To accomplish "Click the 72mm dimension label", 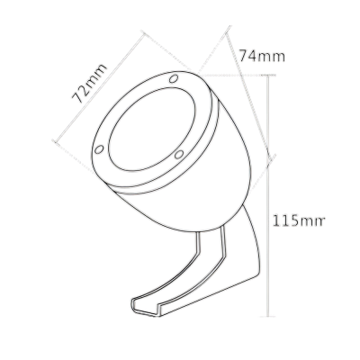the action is [89, 84].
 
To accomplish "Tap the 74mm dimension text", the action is [262, 56].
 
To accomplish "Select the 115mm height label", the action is [298, 220].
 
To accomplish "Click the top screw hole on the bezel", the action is [173, 79].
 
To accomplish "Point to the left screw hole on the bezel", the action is [99, 149].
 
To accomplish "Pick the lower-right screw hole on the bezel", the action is [179, 155].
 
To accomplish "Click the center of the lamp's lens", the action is [152, 130].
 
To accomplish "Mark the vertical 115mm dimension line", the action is [268, 195].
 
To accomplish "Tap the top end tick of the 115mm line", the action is [268, 75].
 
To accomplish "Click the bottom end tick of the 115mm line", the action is [268, 316].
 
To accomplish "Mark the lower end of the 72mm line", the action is [55, 141].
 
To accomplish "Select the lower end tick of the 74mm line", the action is [272, 157].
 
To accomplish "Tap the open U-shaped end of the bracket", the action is [145, 307].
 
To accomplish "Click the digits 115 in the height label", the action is [285, 220].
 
